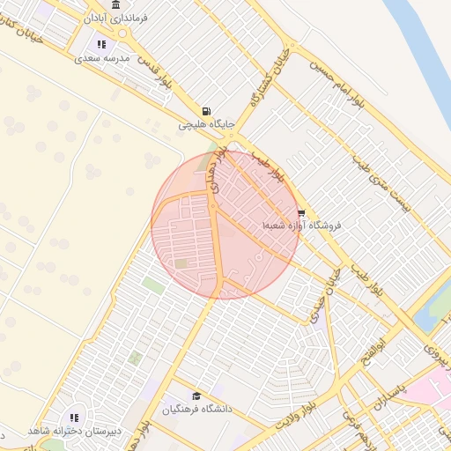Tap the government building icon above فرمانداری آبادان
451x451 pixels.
115,4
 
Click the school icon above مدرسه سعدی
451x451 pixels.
102,43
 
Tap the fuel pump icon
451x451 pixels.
206,111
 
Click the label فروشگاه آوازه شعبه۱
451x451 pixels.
300,226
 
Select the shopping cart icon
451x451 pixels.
301,212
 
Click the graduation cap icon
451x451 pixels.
196,396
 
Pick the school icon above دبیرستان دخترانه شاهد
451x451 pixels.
73,417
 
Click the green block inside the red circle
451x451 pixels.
181,263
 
